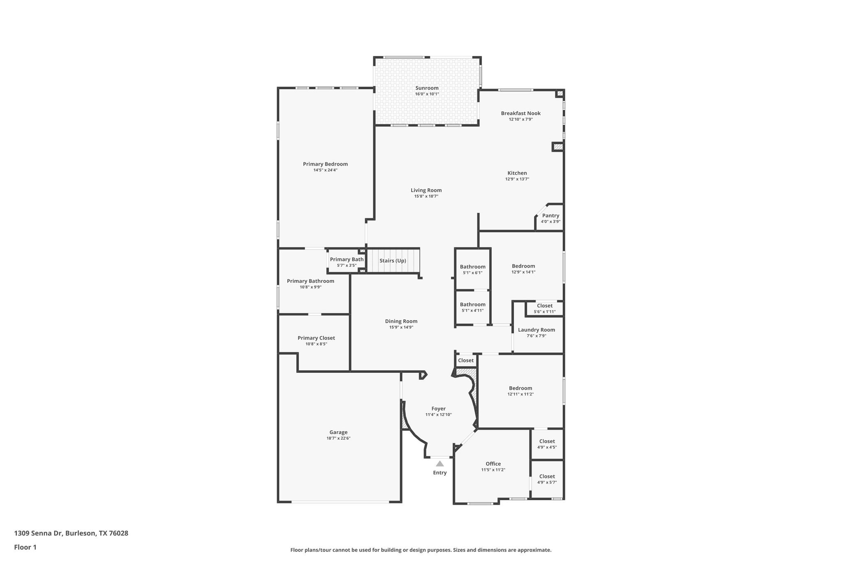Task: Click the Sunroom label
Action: pos(427,88)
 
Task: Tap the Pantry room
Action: pos(550,218)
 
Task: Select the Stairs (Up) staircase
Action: pos(393,261)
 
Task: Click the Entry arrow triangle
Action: pos(440,464)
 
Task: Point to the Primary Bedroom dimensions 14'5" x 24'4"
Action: pos(325,170)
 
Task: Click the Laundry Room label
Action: pos(536,330)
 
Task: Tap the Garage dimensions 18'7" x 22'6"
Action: pos(338,438)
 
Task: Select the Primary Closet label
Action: pos(316,338)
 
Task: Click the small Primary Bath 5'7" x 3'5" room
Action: pos(346,262)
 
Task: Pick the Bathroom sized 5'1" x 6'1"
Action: pos(472,269)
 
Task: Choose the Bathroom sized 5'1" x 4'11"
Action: pos(472,307)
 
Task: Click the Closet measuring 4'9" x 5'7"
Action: pos(547,479)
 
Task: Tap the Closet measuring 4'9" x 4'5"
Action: pos(547,444)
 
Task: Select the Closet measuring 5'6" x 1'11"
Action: pos(544,308)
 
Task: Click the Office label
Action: pos(493,464)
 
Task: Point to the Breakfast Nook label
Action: pos(520,113)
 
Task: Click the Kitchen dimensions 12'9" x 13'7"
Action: pos(517,179)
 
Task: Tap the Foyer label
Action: pos(438,409)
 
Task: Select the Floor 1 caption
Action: pos(25,547)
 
